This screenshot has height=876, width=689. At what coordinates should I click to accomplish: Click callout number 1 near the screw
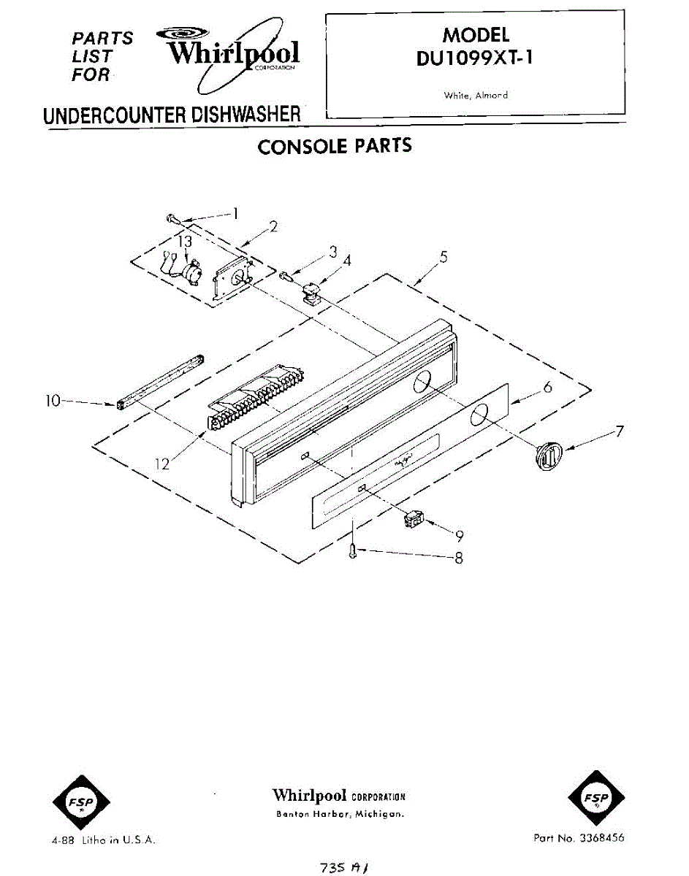(236, 214)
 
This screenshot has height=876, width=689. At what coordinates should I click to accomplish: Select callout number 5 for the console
(444, 257)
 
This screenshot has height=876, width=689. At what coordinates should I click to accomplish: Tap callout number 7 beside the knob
(619, 431)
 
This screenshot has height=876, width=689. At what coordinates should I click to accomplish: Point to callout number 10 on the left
(53, 400)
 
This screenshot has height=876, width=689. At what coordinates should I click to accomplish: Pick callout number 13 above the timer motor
(186, 241)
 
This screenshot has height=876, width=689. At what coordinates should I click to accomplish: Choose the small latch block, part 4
(313, 294)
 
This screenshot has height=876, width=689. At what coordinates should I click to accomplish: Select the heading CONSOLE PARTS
(335, 146)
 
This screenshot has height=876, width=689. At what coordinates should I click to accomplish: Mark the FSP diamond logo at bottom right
(596, 802)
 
